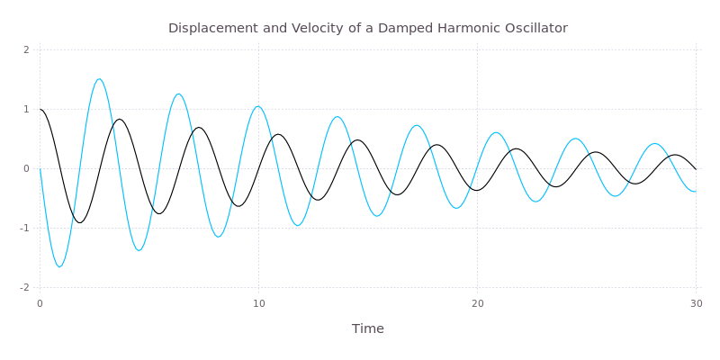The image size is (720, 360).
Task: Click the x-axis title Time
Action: pyautogui.click(x=367, y=328)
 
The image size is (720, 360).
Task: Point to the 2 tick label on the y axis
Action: pyautogui.click(x=27, y=49)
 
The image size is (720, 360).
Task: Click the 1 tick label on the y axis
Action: pyautogui.click(x=27, y=109)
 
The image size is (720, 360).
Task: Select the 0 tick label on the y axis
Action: pyautogui.click(x=27, y=168)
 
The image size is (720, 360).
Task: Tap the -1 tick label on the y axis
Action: pyautogui.click(x=25, y=228)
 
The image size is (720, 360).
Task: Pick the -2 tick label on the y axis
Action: pyautogui.click(x=25, y=287)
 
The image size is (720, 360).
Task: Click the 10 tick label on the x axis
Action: pyautogui.click(x=258, y=304)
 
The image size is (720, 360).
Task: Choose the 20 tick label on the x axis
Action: pyautogui.click(x=477, y=304)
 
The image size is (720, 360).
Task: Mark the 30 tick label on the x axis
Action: pyautogui.click(x=695, y=304)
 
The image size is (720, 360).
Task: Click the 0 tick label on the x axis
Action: pyautogui.click(x=40, y=304)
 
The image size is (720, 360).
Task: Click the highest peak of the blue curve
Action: pyautogui.click(x=99, y=79)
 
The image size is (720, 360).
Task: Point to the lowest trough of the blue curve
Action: pyautogui.click(x=59, y=266)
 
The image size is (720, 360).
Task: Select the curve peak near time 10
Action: pyautogui.click(x=258, y=106)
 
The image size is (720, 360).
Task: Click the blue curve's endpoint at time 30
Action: pyautogui.click(x=696, y=192)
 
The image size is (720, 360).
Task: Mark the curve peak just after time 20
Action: pyautogui.click(x=496, y=132)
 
